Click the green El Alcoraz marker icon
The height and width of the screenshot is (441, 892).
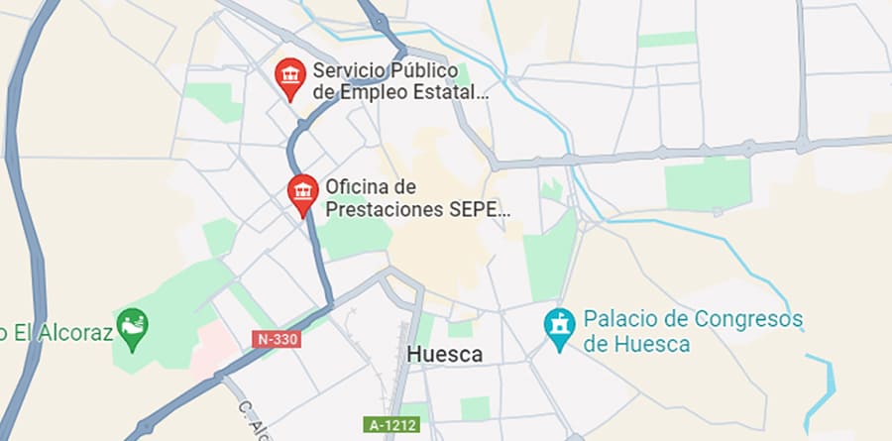[132, 326]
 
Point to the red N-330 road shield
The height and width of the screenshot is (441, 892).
[277, 339]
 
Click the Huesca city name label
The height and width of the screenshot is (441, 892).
[445, 354]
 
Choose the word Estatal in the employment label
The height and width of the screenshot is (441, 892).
[451, 93]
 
